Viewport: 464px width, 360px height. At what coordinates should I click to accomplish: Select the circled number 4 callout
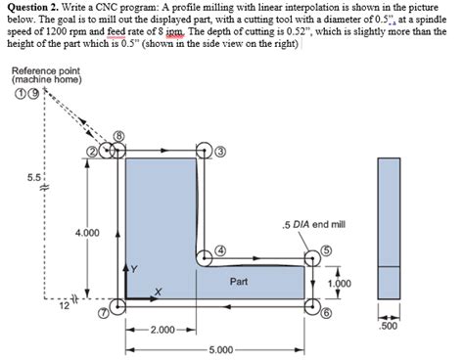[x=220, y=249]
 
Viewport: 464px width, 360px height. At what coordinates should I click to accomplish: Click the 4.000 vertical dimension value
[x=86, y=232]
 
